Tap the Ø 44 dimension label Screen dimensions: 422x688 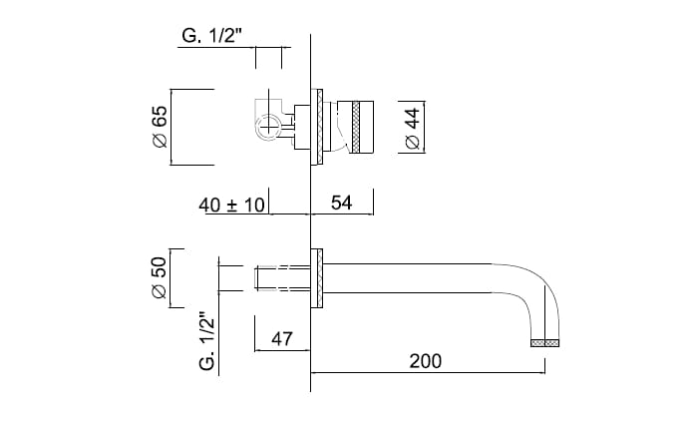(x=414, y=128)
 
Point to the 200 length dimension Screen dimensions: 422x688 (x=425, y=360)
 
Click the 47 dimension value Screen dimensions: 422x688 (x=282, y=339)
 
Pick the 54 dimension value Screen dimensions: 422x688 (x=341, y=204)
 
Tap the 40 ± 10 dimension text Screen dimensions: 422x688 (x=231, y=205)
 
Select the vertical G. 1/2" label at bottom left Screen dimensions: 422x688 (x=207, y=340)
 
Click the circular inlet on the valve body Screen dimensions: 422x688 (x=269, y=127)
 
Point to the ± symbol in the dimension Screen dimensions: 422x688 (x=230, y=205)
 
